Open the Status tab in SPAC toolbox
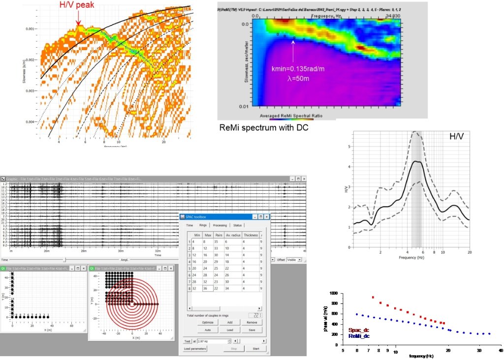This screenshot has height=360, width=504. tap(237, 225)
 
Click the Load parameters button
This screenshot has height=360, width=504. tap(195, 349)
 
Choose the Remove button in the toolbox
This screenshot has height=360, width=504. tap(251, 322)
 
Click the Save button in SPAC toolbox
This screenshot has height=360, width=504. tap(251, 330)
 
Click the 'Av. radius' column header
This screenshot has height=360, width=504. tap(233, 236)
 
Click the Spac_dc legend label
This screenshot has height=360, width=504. tap(359, 330)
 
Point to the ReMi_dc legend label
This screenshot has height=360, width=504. tap(359, 336)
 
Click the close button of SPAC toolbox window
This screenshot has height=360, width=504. tap(267, 216)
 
